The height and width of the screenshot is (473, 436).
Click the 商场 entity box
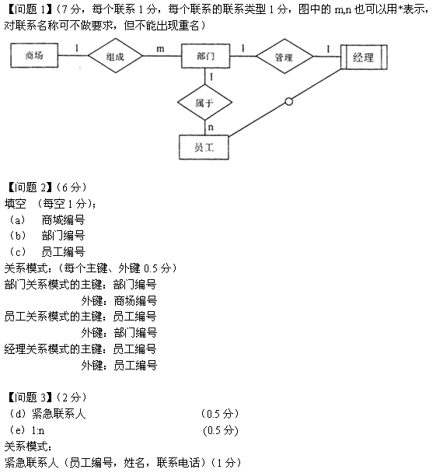point(34,55)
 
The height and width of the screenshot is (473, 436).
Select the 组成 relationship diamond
point(115,56)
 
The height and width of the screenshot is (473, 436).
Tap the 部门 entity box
point(205,56)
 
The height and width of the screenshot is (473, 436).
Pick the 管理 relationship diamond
point(284,57)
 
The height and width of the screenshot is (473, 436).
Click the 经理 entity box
point(364,58)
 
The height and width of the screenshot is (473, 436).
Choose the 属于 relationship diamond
point(204,103)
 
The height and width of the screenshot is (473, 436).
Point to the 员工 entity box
point(204,147)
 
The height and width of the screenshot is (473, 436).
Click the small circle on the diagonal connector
point(288,102)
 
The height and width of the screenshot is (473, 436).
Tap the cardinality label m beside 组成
point(160,49)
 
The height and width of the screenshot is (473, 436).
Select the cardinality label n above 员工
point(211,128)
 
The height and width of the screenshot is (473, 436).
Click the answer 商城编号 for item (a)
point(63,220)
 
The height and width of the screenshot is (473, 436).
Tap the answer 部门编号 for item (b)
point(63,236)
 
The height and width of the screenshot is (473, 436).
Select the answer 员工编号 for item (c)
point(63,251)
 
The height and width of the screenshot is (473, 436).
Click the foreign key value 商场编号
point(135,301)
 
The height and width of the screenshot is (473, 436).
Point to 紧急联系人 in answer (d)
point(59,414)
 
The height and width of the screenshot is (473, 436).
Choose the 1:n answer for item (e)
point(38,430)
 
